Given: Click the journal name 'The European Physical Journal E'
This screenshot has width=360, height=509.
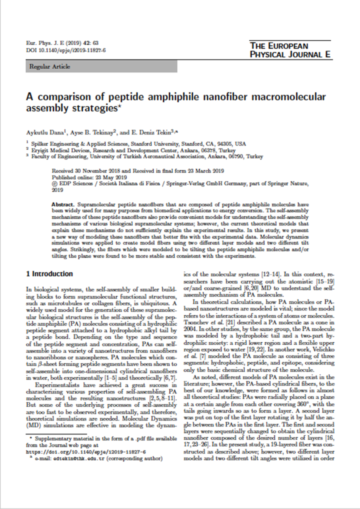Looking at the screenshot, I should (290, 50).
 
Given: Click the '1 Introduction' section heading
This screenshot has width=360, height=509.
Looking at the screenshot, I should (49, 274).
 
